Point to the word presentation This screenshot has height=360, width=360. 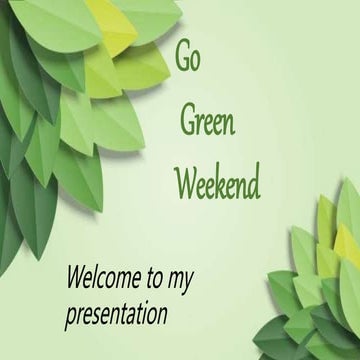coord(116,316)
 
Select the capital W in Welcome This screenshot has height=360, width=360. coord(76,276)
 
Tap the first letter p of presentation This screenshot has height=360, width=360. coord(70,319)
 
